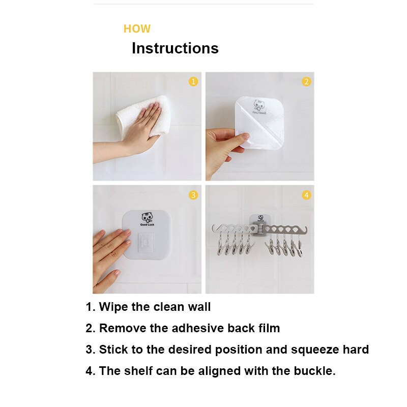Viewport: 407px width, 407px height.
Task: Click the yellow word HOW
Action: tap(137, 29)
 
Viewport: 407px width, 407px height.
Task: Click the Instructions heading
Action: tap(175, 48)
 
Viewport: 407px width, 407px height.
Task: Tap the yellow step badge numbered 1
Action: tap(193, 81)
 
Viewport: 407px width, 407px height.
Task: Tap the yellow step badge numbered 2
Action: tap(306, 81)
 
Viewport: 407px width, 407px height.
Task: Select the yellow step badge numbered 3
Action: tap(193, 195)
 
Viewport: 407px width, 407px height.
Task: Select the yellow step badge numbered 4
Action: tap(306, 195)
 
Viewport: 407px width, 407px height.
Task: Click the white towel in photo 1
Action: tap(143, 115)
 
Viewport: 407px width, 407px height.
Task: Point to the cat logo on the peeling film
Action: tap(259, 105)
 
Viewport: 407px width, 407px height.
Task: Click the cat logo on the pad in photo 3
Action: tap(147, 218)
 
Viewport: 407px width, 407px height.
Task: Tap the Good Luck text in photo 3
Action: tap(147, 224)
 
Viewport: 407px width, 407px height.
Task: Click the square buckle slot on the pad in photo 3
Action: tap(146, 243)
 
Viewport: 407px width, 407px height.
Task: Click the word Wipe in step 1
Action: tap(113, 307)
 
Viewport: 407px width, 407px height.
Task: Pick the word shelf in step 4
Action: tap(138, 371)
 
